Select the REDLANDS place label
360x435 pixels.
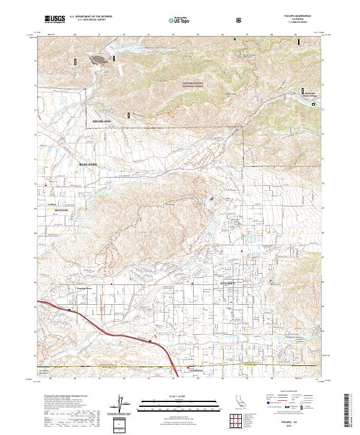pyautogui.click(x=88, y=163)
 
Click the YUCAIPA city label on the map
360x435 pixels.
pyautogui.click(x=226, y=282)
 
